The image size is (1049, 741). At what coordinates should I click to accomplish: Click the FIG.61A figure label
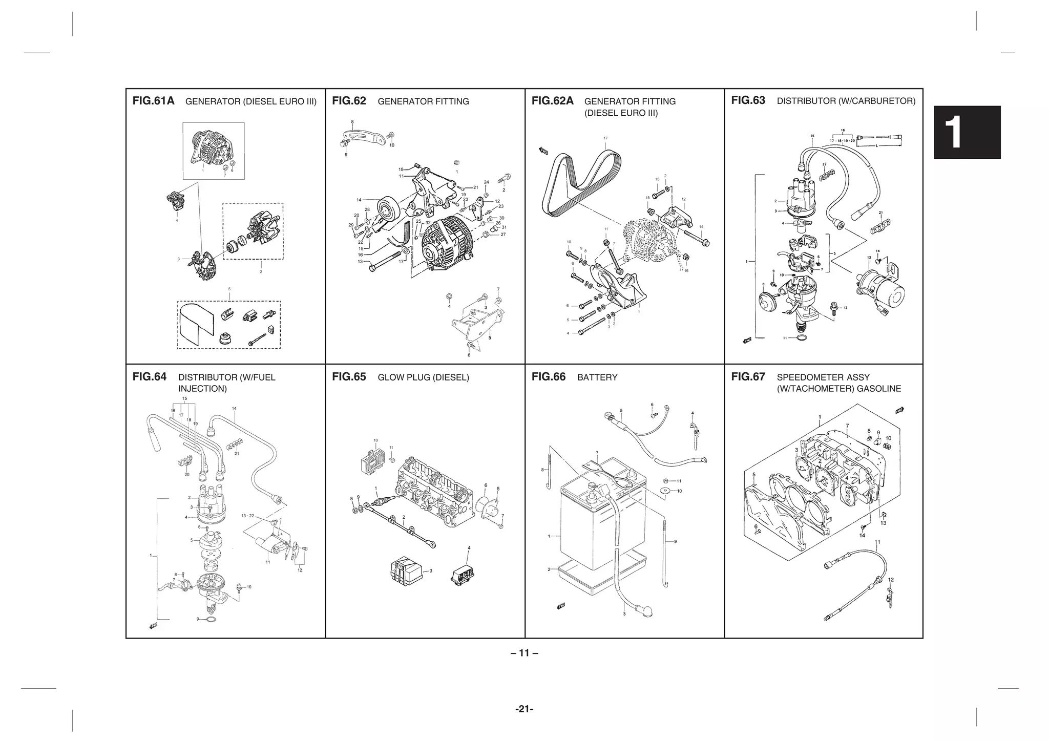point(153,101)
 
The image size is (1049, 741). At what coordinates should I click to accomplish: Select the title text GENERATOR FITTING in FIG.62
point(423,101)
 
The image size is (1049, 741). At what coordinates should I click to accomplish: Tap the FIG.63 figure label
point(748,100)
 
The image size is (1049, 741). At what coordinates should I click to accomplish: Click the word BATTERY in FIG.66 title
point(597,377)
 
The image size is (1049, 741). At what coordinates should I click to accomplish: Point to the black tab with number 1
point(967,132)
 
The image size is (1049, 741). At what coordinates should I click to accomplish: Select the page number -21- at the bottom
point(524,709)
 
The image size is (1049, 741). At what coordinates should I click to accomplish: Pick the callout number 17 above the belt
point(605,139)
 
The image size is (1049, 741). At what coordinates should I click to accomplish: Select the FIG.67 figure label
point(748,377)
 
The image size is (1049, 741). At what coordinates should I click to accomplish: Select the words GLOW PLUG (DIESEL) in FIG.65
point(423,377)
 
